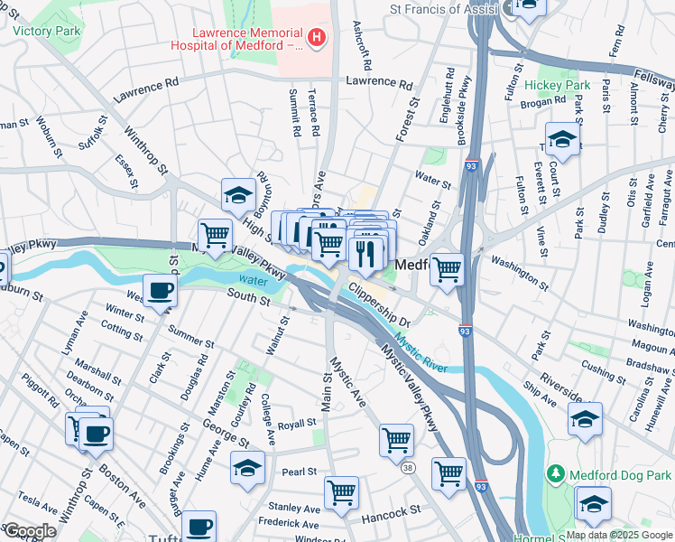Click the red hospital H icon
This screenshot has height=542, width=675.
(x=317, y=37)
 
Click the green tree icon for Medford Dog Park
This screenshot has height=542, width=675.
(x=556, y=474)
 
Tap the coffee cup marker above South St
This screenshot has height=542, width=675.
(x=160, y=290)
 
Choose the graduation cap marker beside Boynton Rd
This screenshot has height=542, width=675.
(x=238, y=194)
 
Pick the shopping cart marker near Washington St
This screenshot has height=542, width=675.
(x=447, y=269)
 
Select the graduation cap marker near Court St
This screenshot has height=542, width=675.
(x=562, y=139)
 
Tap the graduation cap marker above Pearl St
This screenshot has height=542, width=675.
(x=247, y=467)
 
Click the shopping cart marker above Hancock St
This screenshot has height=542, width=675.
(x=341, y=492)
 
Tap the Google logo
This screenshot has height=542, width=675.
(x=30, y=531)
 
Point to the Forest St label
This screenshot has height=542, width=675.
(x=409, y=119)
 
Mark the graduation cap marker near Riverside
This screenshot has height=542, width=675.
(x=585, y=418)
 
